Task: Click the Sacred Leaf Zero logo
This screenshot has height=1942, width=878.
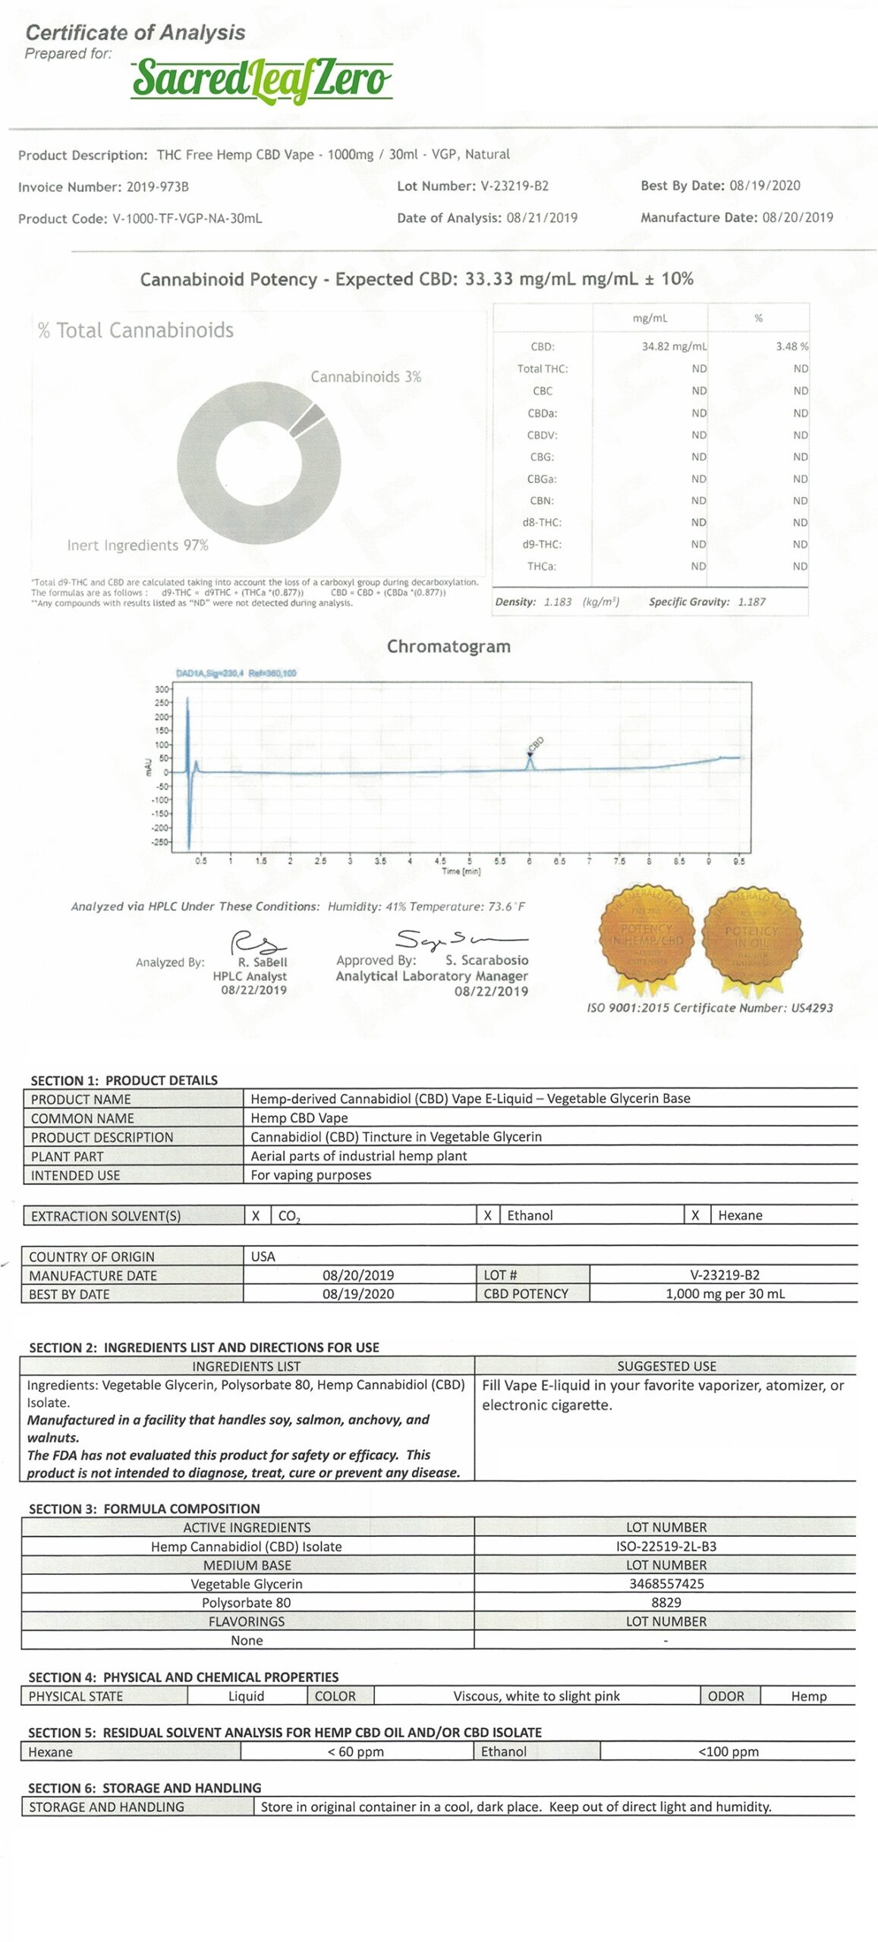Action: tap(262, 80)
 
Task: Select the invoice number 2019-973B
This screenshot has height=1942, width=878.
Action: tap(157, 187)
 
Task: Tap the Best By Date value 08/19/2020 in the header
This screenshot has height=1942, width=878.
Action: tap(764, 186)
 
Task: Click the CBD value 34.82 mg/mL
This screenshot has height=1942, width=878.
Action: tap(674, 347)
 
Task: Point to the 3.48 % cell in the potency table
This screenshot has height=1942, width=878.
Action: tap(791, 347)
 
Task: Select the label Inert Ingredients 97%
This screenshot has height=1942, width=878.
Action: tap(137, 545)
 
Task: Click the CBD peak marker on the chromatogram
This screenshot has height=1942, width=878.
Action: tap(530, 756)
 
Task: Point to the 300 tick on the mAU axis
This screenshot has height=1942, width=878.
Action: tap(162, 690)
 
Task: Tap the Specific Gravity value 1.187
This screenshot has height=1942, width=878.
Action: tap(751, 602)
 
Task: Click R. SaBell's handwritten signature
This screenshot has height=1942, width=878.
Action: tap(257, 943)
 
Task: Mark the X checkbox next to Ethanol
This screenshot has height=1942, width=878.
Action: tap(488, 1215)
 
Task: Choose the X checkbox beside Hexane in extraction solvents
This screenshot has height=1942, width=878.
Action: tap(695, 1215)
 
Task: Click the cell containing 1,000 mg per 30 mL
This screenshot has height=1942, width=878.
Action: tap(725, 1294)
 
